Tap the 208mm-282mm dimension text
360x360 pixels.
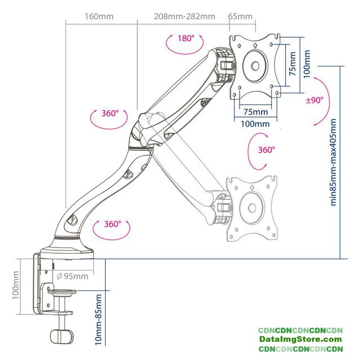pyautogui.click(x=184, y=16)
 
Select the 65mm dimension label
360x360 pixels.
pyautogui.click(x=240, y=16)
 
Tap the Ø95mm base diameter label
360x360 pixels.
pyautogui.click(x=73, y=276)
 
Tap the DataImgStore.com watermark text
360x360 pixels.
pyautogui.click(x=300, y=340)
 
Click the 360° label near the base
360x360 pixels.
pyautogui.click(x=112, y=223)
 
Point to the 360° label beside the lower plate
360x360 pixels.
pyautogui.click(x=266, y=150)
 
